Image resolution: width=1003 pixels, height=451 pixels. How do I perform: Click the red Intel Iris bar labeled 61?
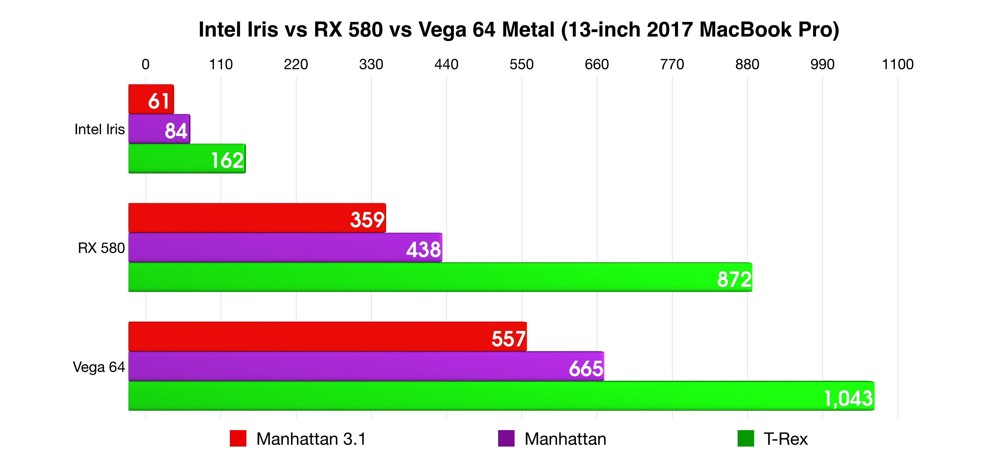click(x=151, y=99)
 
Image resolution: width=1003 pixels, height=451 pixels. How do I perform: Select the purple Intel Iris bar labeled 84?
click(x=159, y=129)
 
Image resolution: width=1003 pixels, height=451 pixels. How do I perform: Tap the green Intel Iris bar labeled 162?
click(x=187, y=159)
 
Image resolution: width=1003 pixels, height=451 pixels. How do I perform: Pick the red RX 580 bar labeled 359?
click(x=257, y=218)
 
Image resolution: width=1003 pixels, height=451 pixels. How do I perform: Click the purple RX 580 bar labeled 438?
click(x=285, y=247)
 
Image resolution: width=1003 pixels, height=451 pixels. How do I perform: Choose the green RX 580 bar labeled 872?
click(x=440, y=277)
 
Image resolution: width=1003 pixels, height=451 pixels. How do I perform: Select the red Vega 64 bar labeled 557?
click(x=327, y=337)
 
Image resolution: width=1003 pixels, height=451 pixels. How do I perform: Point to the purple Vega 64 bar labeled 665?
click(x=366, y=366)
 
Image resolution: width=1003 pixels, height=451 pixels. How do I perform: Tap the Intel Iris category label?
click(x=100, y=129)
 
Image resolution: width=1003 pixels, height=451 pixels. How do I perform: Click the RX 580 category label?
click(x=101, y=248)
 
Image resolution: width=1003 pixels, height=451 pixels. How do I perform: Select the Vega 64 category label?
click(x=99, y=367)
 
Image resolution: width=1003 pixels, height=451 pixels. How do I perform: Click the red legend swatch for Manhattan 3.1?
click(x=238, y=438)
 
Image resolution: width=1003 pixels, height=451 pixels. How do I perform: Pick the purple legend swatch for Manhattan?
click(x=506, y=438)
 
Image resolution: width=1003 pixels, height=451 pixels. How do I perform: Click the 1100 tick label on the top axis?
click(x=897, y=64)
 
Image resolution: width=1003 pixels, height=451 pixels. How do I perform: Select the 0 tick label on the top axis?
click(x=146, y=64)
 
